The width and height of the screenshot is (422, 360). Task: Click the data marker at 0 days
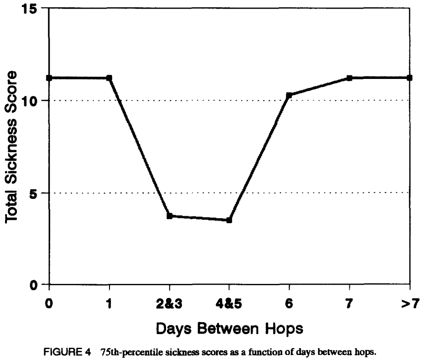(x=49, y=78)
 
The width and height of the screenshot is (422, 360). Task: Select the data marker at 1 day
(x=109, y=78)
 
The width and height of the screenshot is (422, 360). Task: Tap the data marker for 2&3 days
(x=170, y=216)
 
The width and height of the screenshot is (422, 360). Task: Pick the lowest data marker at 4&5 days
(x=229, y=220)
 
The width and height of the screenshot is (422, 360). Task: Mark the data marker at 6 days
(x=289, y=95)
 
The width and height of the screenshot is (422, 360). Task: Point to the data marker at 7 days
(x=349, y=78)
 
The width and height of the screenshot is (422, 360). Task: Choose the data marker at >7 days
(x=409, y=78)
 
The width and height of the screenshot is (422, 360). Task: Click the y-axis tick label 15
(x=30, y=9)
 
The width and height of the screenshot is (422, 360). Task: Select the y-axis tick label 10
(x=30, y=101)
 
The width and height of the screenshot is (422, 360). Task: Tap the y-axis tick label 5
(x=33, y=193)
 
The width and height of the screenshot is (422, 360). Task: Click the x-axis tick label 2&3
(x=169, y=304)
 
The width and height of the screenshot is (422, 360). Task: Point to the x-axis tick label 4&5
(x=229, y=304)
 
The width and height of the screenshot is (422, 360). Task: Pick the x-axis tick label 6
(x=289, y=304)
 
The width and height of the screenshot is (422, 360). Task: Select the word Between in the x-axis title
(x=228, y=329)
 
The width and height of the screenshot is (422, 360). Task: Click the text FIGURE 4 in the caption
(x=67, y=352)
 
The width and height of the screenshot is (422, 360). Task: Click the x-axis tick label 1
(x=109, y=304)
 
